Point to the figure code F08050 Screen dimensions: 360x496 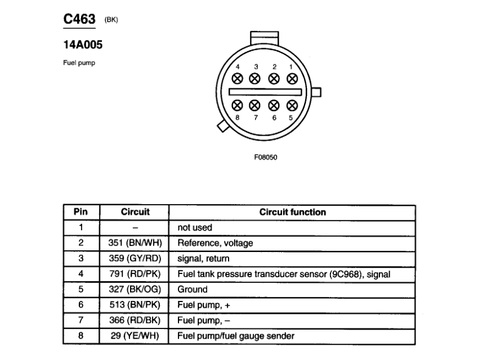pos(266,157)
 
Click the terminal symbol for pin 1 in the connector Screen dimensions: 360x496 pos(292,78)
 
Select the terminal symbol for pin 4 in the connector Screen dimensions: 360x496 pos(238,78)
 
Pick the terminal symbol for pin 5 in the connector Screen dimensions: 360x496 pos(292,105)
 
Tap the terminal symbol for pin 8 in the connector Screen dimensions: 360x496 pos(238,105)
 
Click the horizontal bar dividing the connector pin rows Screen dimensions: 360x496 pos(265,92)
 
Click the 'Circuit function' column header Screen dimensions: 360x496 pos(292,213)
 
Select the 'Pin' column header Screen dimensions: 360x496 pos(81,213)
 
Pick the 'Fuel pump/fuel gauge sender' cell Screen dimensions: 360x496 pos(236,336)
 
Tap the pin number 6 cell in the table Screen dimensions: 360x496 pos(81,305)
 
